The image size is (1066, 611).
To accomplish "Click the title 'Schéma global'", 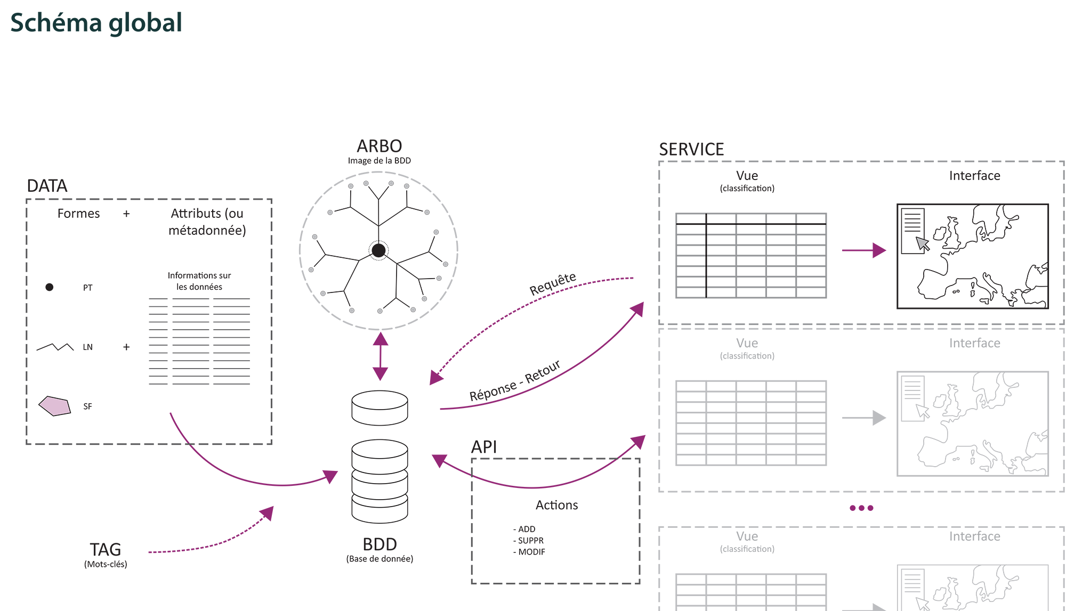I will click(x=96, y=23).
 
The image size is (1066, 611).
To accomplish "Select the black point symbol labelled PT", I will click(x=50, y=287).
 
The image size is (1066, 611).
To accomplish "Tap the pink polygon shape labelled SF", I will click(x=54, y=406).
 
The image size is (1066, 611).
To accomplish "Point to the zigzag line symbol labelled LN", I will click(x=55, y=347).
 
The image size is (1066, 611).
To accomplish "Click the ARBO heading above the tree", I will click(x=379, y=146).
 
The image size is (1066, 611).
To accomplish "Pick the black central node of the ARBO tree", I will click(x=378, y=250).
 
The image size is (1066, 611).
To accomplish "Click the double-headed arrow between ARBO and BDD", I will click(x=380, y=356).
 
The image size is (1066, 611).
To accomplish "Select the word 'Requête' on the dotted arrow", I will click(x=552, y=283).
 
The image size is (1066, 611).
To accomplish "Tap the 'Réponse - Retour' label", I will click(x=514, y=380).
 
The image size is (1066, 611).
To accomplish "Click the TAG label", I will click(x=106, y=549).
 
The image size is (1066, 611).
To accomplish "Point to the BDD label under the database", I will click(x=379, y=544).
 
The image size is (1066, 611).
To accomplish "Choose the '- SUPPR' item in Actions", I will click(x=529, y=540).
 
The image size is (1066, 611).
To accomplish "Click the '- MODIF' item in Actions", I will click(x=529, y=552).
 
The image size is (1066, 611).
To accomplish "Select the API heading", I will click(x=484, y=446).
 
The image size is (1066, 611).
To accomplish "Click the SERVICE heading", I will click(x=691, y=150).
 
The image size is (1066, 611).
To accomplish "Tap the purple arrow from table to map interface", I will click(x=863, y=250).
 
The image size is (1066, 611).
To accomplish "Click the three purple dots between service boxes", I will click(x=861, y=508).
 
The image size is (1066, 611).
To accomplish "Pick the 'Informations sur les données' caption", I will click(x=199, y=281).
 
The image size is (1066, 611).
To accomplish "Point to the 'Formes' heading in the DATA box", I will click(x=78, y=214).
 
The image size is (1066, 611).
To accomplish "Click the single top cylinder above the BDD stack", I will click(x=379, y=408).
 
